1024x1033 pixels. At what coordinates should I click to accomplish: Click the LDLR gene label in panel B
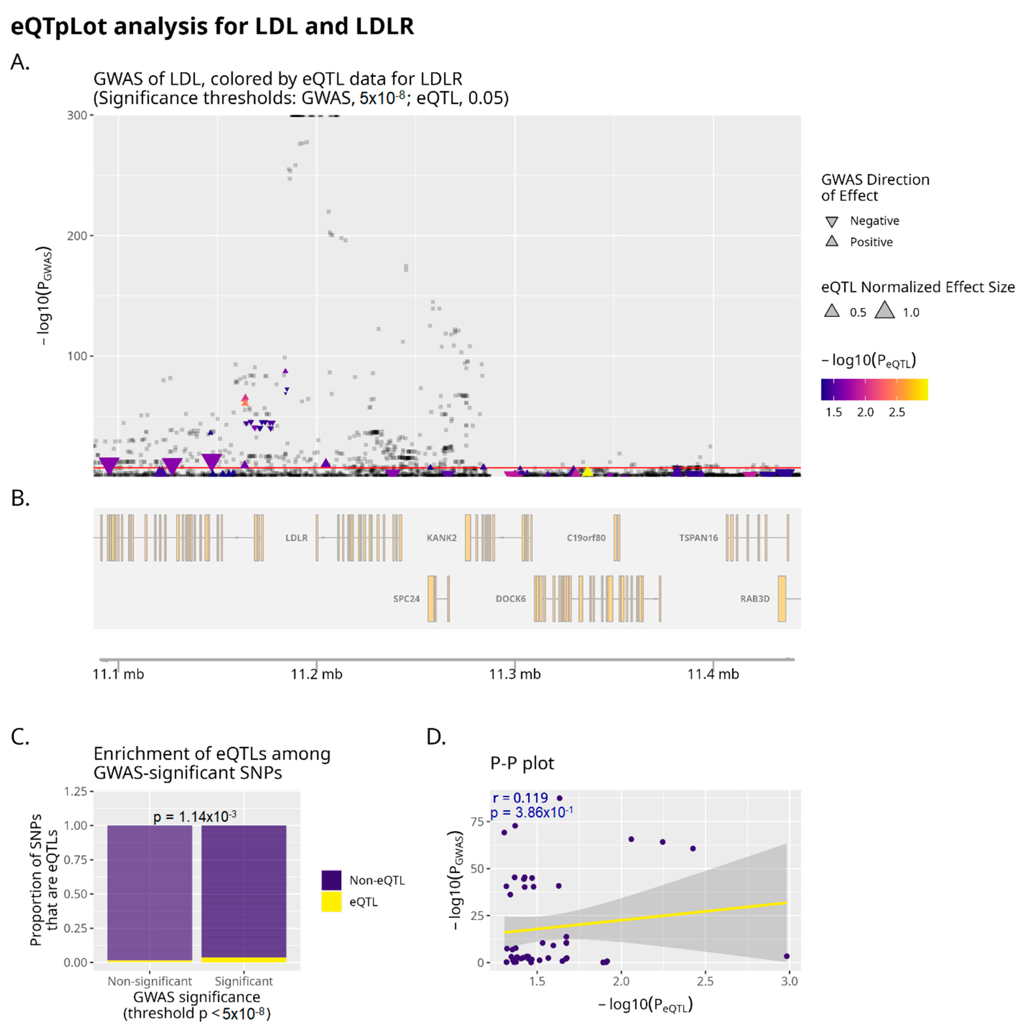[296, 538]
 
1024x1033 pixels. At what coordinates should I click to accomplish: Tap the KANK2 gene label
[441, 538]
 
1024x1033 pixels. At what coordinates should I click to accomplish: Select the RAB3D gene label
[754, 599]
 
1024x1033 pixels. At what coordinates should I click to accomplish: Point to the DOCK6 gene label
[510, 599]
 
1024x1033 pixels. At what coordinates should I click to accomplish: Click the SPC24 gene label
[406, 599]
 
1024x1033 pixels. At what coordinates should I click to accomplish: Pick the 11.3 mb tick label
[515, 674]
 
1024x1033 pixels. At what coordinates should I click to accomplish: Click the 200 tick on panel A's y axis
[76, 236]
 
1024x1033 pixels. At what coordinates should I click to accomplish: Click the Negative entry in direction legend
[874, 221]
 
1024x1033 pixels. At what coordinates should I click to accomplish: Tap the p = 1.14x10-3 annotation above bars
[194, 816]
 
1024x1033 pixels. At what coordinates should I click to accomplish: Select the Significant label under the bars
[243, 982]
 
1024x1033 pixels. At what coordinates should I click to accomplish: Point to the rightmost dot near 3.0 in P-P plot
[786, 957]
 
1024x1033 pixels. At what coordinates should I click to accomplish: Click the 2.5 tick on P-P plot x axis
[705, 982]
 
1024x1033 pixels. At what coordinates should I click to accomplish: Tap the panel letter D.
[436, 737]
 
